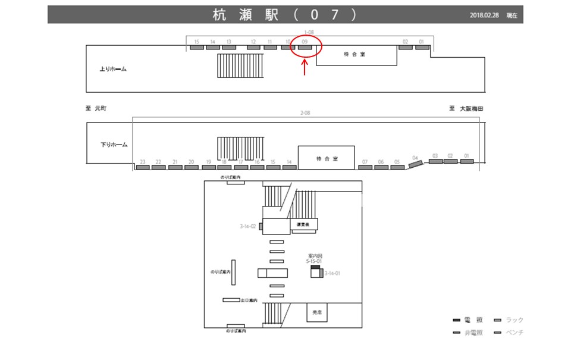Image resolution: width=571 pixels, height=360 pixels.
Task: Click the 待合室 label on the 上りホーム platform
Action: (x=354, y=55)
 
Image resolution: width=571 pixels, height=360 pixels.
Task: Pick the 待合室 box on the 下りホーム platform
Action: (x=327, y=158)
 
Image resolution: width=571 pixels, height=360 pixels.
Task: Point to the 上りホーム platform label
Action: (x=113, y=69)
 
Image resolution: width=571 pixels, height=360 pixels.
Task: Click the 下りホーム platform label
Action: (x=114, y=145)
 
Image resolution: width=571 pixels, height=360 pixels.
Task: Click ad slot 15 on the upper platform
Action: (x=197, y=47)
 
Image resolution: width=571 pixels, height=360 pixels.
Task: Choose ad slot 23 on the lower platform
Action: (x=143, y=167)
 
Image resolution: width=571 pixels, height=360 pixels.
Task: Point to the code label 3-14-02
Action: (x=247, y=226)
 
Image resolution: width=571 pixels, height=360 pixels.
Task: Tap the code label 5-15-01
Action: (x=314, y=261)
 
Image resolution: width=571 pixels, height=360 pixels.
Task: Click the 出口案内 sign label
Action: (x=249, y=300)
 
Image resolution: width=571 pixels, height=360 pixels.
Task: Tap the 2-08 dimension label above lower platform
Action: (x=306, y=112)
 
